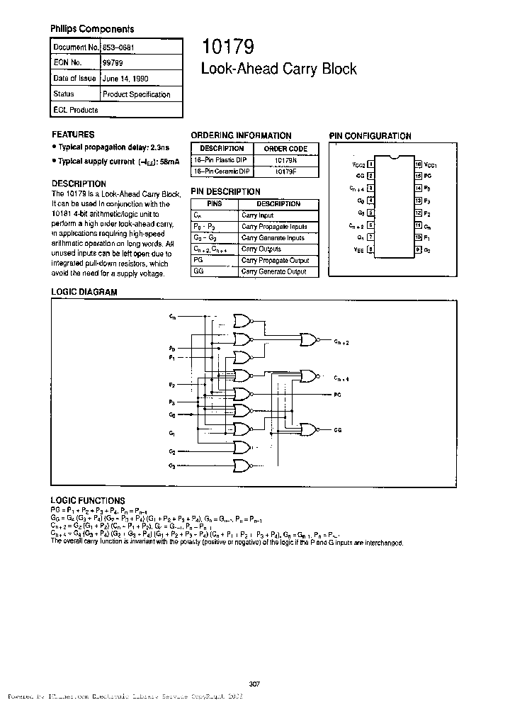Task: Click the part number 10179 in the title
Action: pyautogui.click(x=224, y=47)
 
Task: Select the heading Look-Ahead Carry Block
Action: pyautogui.click(x=279, y=69)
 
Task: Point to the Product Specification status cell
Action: pyautogui.click(x=136, y=94)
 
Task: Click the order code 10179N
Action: pyautogui.click(x=285, y=160)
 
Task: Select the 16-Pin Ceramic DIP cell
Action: pyautogui.click(x=222, y=171)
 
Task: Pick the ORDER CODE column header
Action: pyautogui.click(x=285, y=149)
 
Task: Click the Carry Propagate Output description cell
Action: pyautogui.click(x=274, y=260)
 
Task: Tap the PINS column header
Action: pyautogui.click(x=215, y=204)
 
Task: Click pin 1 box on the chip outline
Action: pyautogui.click(x=370, y=164)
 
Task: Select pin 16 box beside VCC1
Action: pyautogui.click(x=419, y=164)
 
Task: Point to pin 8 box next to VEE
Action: pyautogui.click(x=370, y=249)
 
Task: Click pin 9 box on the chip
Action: pyautogui.click(x=419, y=249)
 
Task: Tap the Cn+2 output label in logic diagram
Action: pyautogui.click(x=341, y=341)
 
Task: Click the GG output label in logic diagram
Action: pyautogui.click(x=339, y=429)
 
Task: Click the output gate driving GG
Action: pyautogui.click(x=310, y=429)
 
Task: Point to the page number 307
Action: pyautogui.click(x=255, y=684)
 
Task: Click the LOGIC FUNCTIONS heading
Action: pyautogui.click(x=88, y=500)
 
